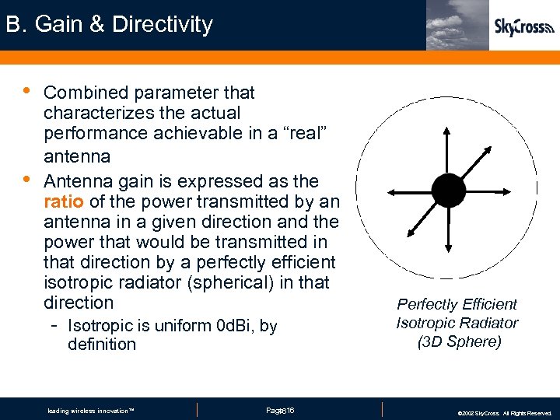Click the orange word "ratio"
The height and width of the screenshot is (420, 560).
pos(64,201)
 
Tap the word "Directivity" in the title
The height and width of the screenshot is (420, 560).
pos(162,24)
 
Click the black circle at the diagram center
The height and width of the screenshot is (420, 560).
pos(448,190)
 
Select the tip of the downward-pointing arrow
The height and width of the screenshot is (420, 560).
pos(448,250)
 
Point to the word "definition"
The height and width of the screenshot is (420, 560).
pos(101,344)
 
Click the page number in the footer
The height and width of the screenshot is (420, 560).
pos(280,410)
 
